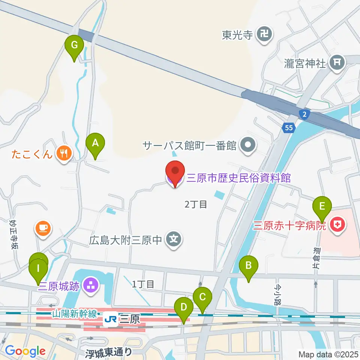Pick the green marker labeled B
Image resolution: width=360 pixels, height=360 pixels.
click(x=249, y=266)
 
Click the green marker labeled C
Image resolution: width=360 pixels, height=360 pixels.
click(x=202, y=298)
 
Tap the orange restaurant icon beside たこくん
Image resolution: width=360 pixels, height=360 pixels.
click(x=64, y=153)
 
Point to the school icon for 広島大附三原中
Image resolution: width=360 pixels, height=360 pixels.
click(x=174, y=238)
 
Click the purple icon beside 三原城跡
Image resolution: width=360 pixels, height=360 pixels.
click(x=90, y=286)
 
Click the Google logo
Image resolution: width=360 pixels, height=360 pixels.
click(x=25, y=351)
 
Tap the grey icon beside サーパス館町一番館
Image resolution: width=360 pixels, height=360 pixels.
click(x=248, y=145)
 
